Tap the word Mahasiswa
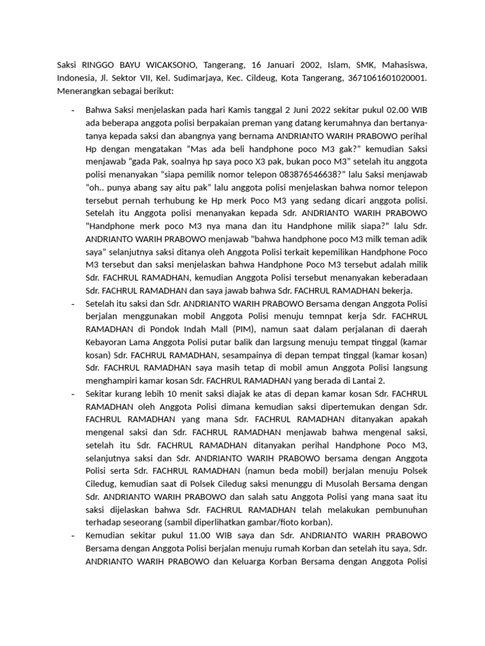402,65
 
